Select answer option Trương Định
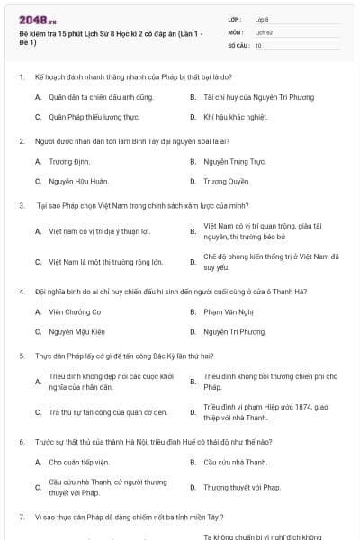[x=64, y=161]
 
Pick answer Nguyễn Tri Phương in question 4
[x=234, y=331]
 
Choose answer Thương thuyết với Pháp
[x=242, y=487]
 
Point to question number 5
[x=21, y=355]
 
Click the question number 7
[x=21, y=517]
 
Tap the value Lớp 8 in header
[x=262, y=18]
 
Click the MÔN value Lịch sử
[x=263, y=31]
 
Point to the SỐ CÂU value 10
[x=258, y=44]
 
